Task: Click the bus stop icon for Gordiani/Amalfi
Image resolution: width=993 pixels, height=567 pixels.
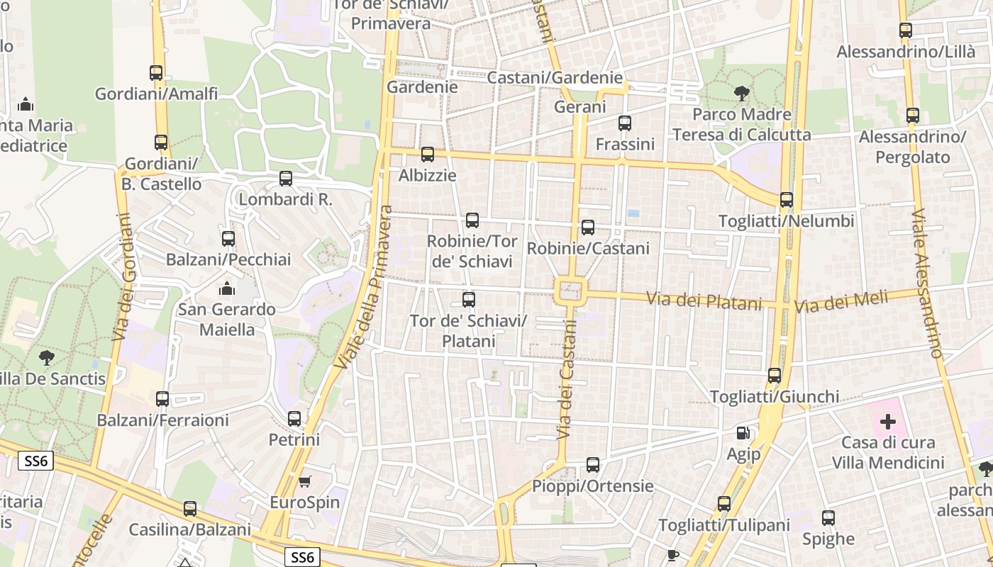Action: pos(156,72)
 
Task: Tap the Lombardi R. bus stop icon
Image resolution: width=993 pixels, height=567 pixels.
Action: pos(286,179)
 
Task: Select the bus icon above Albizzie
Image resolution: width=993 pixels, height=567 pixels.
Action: pos(427,155)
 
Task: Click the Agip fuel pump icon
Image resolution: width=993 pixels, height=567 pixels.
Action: pos(743,433)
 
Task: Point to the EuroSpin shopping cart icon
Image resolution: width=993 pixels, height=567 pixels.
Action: pos(304,482)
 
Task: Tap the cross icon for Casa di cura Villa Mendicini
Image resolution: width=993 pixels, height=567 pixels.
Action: pos(887,422)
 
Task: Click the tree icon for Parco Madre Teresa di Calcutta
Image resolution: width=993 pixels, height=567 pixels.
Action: pos(741,93)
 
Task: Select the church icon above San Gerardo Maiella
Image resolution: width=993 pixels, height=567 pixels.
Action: pos(226,288)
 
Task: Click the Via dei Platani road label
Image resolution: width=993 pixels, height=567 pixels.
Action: pos(704,301)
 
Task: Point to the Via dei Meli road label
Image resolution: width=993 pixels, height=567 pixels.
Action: pos(841,303)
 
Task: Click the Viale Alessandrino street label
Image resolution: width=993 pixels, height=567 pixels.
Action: pos(927,283)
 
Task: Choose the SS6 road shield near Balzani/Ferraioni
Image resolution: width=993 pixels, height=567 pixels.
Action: pos(35,461)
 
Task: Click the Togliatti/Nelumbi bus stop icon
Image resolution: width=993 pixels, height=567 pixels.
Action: pos(786,200)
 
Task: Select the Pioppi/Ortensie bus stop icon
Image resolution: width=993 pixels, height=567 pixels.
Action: pos(593,465)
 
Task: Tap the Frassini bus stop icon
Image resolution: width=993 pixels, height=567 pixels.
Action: pos(624,123)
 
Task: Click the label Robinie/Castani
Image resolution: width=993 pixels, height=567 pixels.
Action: pos(588,248)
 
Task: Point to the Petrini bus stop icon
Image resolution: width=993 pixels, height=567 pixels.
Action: pos(294,419)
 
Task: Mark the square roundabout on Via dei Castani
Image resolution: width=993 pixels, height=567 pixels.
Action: pos(571,291)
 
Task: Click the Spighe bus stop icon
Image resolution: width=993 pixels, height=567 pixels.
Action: pos(828,518)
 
